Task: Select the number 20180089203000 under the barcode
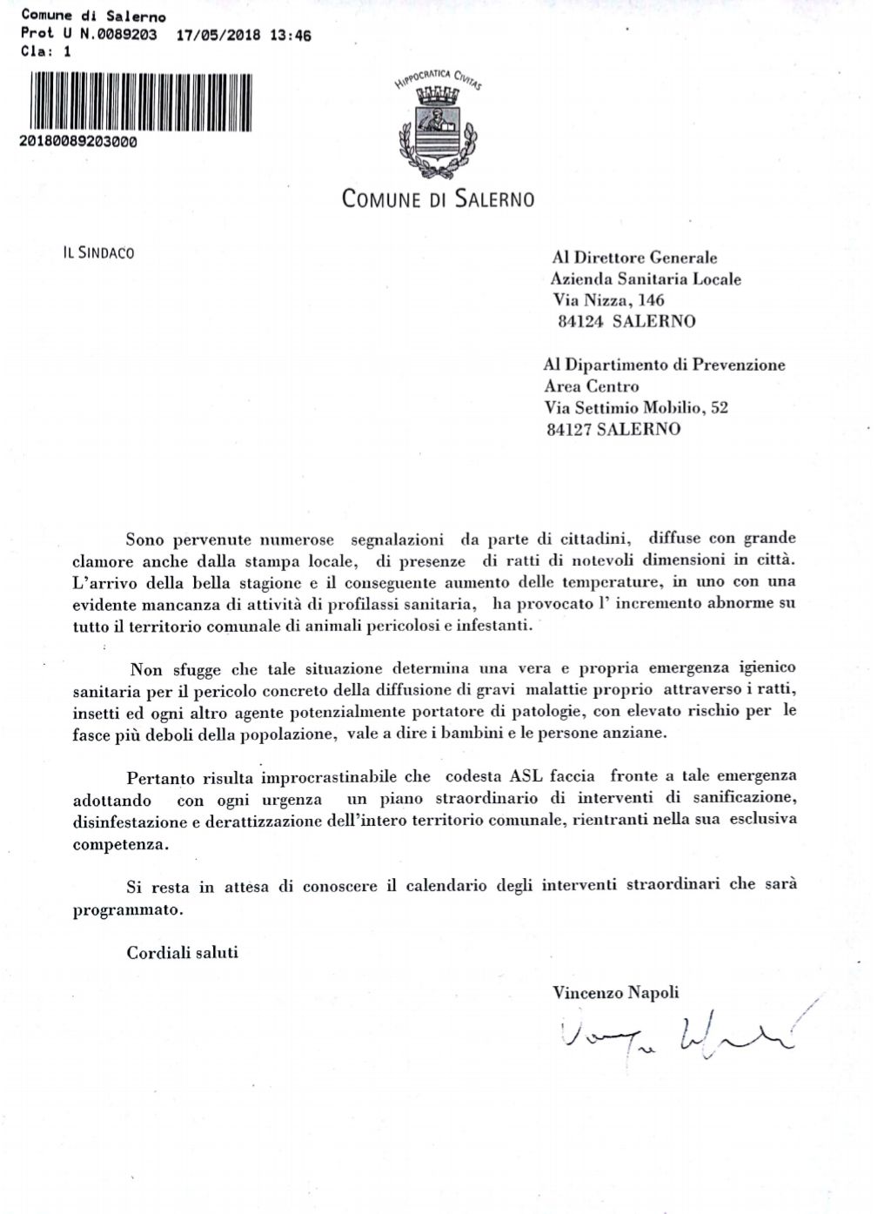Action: tap(77, 142)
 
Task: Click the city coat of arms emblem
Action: tap(439, 131)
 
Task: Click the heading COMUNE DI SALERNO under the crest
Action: tap(438, 199)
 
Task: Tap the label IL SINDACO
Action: tap(98, 253)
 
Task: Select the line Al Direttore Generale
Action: tap(634, 258)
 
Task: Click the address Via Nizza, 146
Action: tap(608, 300)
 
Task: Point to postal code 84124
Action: tap(580, 321)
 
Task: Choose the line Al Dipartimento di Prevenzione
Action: tap(664, 365)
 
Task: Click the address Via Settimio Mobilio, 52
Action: tap(636, 407)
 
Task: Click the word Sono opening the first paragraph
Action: tap(144, 540)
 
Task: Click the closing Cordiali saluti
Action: tap(182, 952)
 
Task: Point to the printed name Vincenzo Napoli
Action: tap(615, 992)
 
